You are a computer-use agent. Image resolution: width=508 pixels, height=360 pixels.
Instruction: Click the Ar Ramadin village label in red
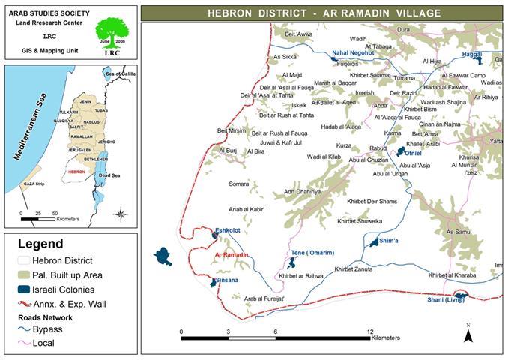pos(231,255)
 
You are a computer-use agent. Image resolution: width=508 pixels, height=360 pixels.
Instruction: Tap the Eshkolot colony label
pos(227,230)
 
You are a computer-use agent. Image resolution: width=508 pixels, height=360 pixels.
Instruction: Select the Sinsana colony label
pos(227,280)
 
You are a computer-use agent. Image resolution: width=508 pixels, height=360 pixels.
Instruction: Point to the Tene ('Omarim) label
pos(312,253)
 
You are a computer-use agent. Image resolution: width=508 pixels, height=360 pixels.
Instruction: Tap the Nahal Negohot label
pos(353,54)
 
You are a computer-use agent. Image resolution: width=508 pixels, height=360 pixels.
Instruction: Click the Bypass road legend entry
pos(45,329)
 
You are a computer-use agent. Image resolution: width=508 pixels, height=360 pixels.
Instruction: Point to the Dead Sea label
pos(109,177)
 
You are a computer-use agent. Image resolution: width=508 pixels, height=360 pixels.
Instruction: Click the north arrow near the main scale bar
pos(468,334)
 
